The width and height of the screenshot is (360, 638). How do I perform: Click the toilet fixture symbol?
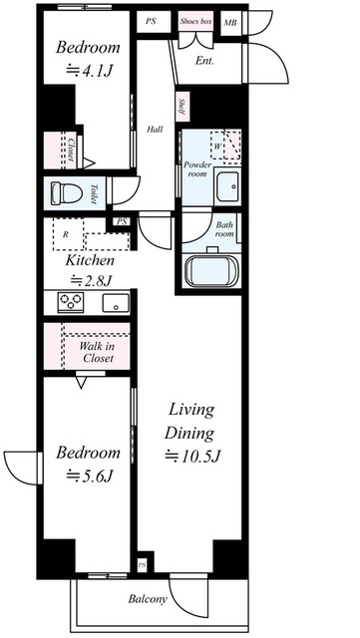point(65,193)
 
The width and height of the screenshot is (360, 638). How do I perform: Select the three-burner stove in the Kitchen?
point(71,302)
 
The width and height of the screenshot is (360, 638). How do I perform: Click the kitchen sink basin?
point(116,303)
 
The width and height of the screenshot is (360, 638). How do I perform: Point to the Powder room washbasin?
point(227,186)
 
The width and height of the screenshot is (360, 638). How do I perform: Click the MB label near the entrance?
point(230,23)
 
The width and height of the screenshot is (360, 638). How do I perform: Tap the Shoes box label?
point(196,21)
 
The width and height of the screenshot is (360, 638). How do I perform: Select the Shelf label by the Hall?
point(181,107)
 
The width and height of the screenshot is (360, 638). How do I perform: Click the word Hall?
point(155,130)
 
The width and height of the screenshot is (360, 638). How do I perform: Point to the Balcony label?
point(148,599)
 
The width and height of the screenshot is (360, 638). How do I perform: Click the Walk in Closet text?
point(97,352)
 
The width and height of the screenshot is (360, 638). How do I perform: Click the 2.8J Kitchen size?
point(91,280)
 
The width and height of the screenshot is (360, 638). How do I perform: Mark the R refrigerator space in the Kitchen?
point(66,234)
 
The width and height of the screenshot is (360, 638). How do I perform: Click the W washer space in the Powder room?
point(217,146)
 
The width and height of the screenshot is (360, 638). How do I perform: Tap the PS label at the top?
point(152,21)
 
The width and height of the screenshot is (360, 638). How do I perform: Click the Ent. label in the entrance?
point(204,61)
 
